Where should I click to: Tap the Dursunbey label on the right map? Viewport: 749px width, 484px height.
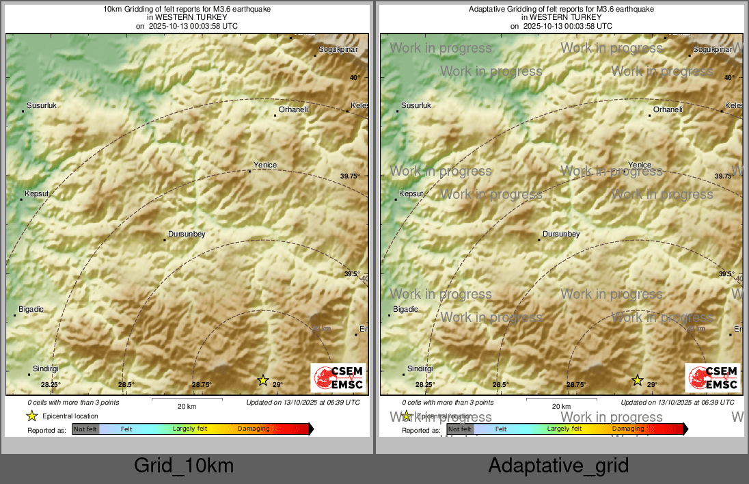click(561, 234)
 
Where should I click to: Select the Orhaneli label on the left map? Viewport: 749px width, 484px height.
click(295, 109)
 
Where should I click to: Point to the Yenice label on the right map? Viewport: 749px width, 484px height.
click(640, 165)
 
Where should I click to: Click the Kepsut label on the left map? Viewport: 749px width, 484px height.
click(38, 194)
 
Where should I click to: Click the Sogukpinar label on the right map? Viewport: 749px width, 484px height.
click(713, 50)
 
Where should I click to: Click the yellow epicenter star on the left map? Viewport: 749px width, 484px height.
click(263, 380)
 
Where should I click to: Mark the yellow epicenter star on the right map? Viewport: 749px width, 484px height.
click(638, 380)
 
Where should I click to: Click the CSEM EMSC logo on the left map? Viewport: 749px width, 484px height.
click(338, 378)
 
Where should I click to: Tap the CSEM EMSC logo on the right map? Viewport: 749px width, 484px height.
click(713, 378)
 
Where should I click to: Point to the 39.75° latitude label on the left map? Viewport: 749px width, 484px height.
click(350, 176)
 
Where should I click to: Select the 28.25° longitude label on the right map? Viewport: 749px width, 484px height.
click(425, 385)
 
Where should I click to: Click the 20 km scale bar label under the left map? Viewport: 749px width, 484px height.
click(187, 406)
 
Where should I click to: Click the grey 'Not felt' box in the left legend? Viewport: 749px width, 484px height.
click(85, 429)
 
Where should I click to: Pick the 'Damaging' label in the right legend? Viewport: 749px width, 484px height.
click(628, 429)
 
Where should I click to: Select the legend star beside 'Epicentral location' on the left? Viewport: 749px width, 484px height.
click(31, 416)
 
